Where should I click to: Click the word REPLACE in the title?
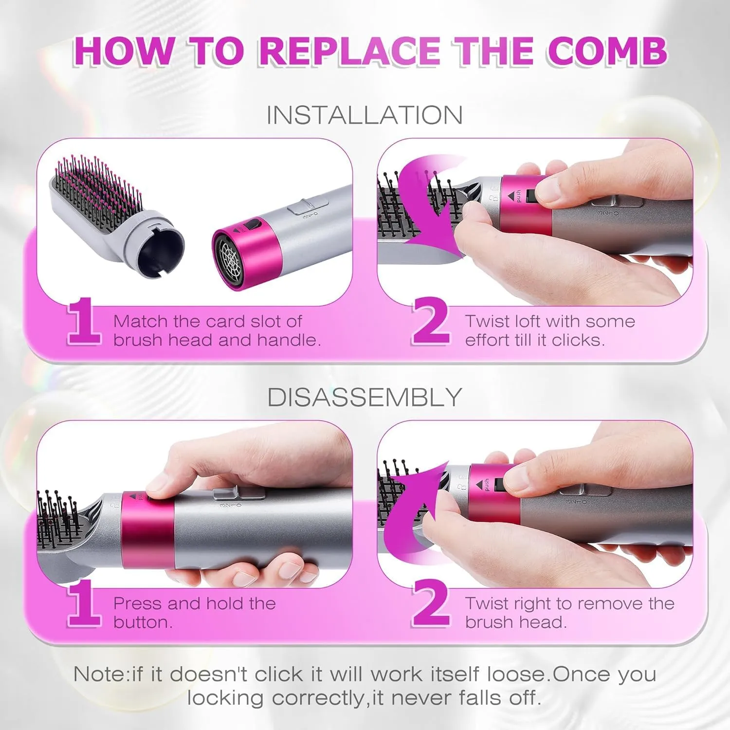tap(349, 51)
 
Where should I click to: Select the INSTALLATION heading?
tap(365, 115)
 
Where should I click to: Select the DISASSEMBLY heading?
tap(365, 397)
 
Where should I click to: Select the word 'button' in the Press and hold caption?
tap(142, 622)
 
